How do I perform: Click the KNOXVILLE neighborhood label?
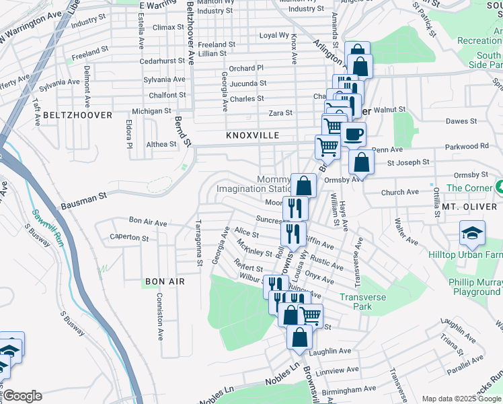pos(253,135)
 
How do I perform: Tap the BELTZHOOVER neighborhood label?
pos(77,115)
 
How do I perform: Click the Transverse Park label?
pos(365,302)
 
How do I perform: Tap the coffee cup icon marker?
pos(353,134)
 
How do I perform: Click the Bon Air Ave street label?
pos(147,222)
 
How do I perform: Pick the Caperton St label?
pos(129,238)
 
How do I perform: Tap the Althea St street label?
pos(161,144)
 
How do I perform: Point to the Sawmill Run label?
pos(47,225)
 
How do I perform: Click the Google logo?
pos(22,396)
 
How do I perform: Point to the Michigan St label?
pos(151,111)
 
